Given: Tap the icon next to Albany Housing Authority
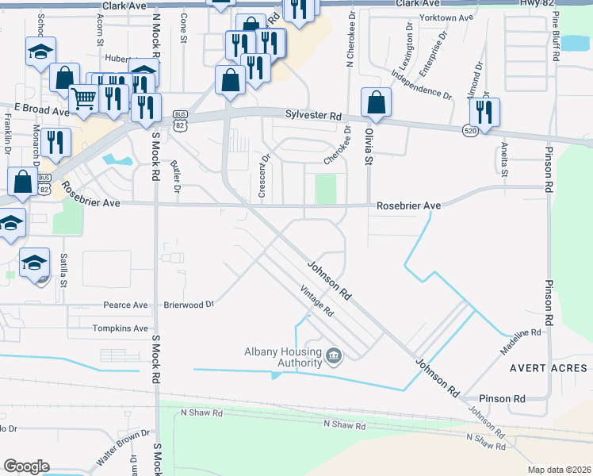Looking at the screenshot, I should click(x=334, y=358).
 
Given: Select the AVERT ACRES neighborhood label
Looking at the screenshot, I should click(x=549, y=368).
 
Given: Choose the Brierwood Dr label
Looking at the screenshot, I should click(x=189, y=304).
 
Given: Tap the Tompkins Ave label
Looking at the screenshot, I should click(x=121, y=328).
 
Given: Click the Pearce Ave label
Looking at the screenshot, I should click(x=126, y=305).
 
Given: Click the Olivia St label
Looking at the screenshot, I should click(x=369, y=149).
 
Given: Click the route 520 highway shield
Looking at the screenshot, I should click(x=470, y=129).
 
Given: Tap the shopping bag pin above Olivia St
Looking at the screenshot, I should click(x=376, y=102).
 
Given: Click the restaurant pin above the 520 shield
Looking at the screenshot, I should click(x=484, y=112).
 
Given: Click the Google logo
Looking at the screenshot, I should click(x=26, y=466).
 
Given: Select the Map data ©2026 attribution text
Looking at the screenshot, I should click(x=560, y=470).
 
